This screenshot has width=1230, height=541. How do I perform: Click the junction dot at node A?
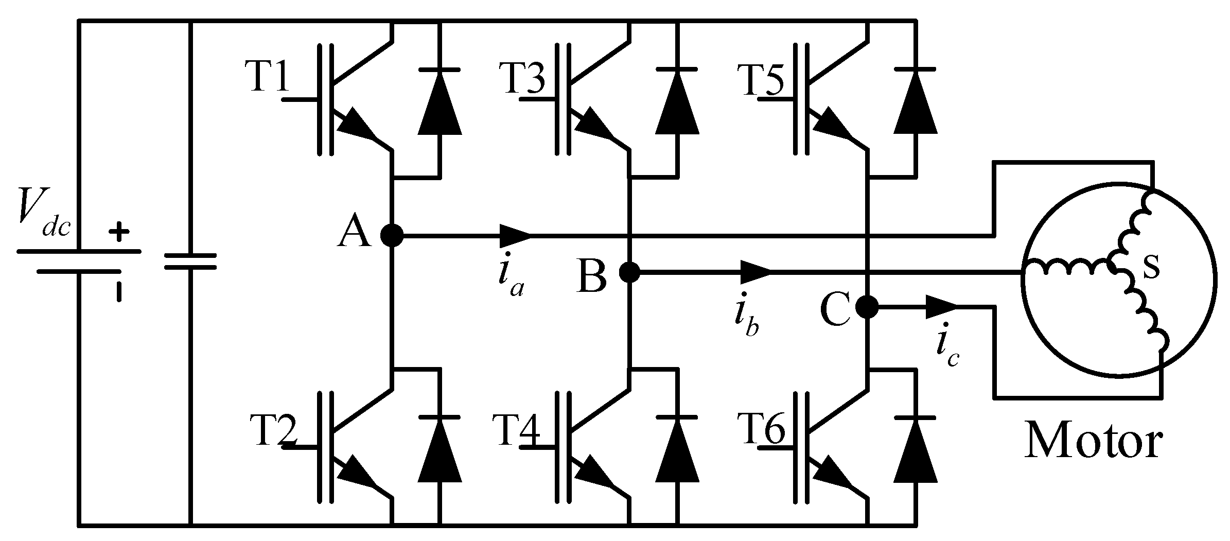pyautogui.click(x=392, y=236)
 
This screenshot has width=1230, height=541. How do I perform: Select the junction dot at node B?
pyautogui.click(x=629, y=272)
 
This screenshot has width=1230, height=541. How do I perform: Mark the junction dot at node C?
pyautogui.click(x=867, y=307)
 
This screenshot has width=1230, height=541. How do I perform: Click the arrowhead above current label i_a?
pyautogui.click(x=515, y=236)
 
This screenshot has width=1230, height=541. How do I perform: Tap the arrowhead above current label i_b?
pyautogui.click(x=755, y=272)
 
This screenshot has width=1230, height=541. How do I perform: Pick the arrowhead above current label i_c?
pyautogui.click(x=940, y=307)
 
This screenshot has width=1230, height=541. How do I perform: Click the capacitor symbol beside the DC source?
pyautogui.click(x=190, y=261)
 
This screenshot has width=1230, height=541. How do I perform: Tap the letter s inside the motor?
pyautogui.click(x=1151, y=268)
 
